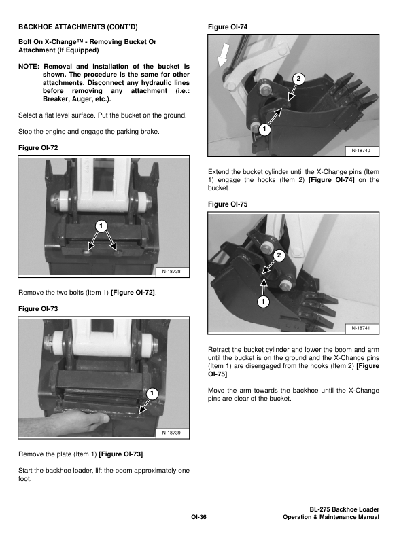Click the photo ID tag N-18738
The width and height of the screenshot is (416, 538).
tap(175, 272)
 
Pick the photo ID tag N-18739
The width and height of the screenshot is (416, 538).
tap(175, 433)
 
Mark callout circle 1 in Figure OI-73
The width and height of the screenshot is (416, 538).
tap(152, 393)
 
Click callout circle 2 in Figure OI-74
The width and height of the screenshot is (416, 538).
tap(297, 79)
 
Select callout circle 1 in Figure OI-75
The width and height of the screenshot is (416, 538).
tap(263, 301)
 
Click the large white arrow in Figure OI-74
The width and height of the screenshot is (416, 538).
tap(223, 60)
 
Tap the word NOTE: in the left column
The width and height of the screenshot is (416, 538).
tap(31, 66)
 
